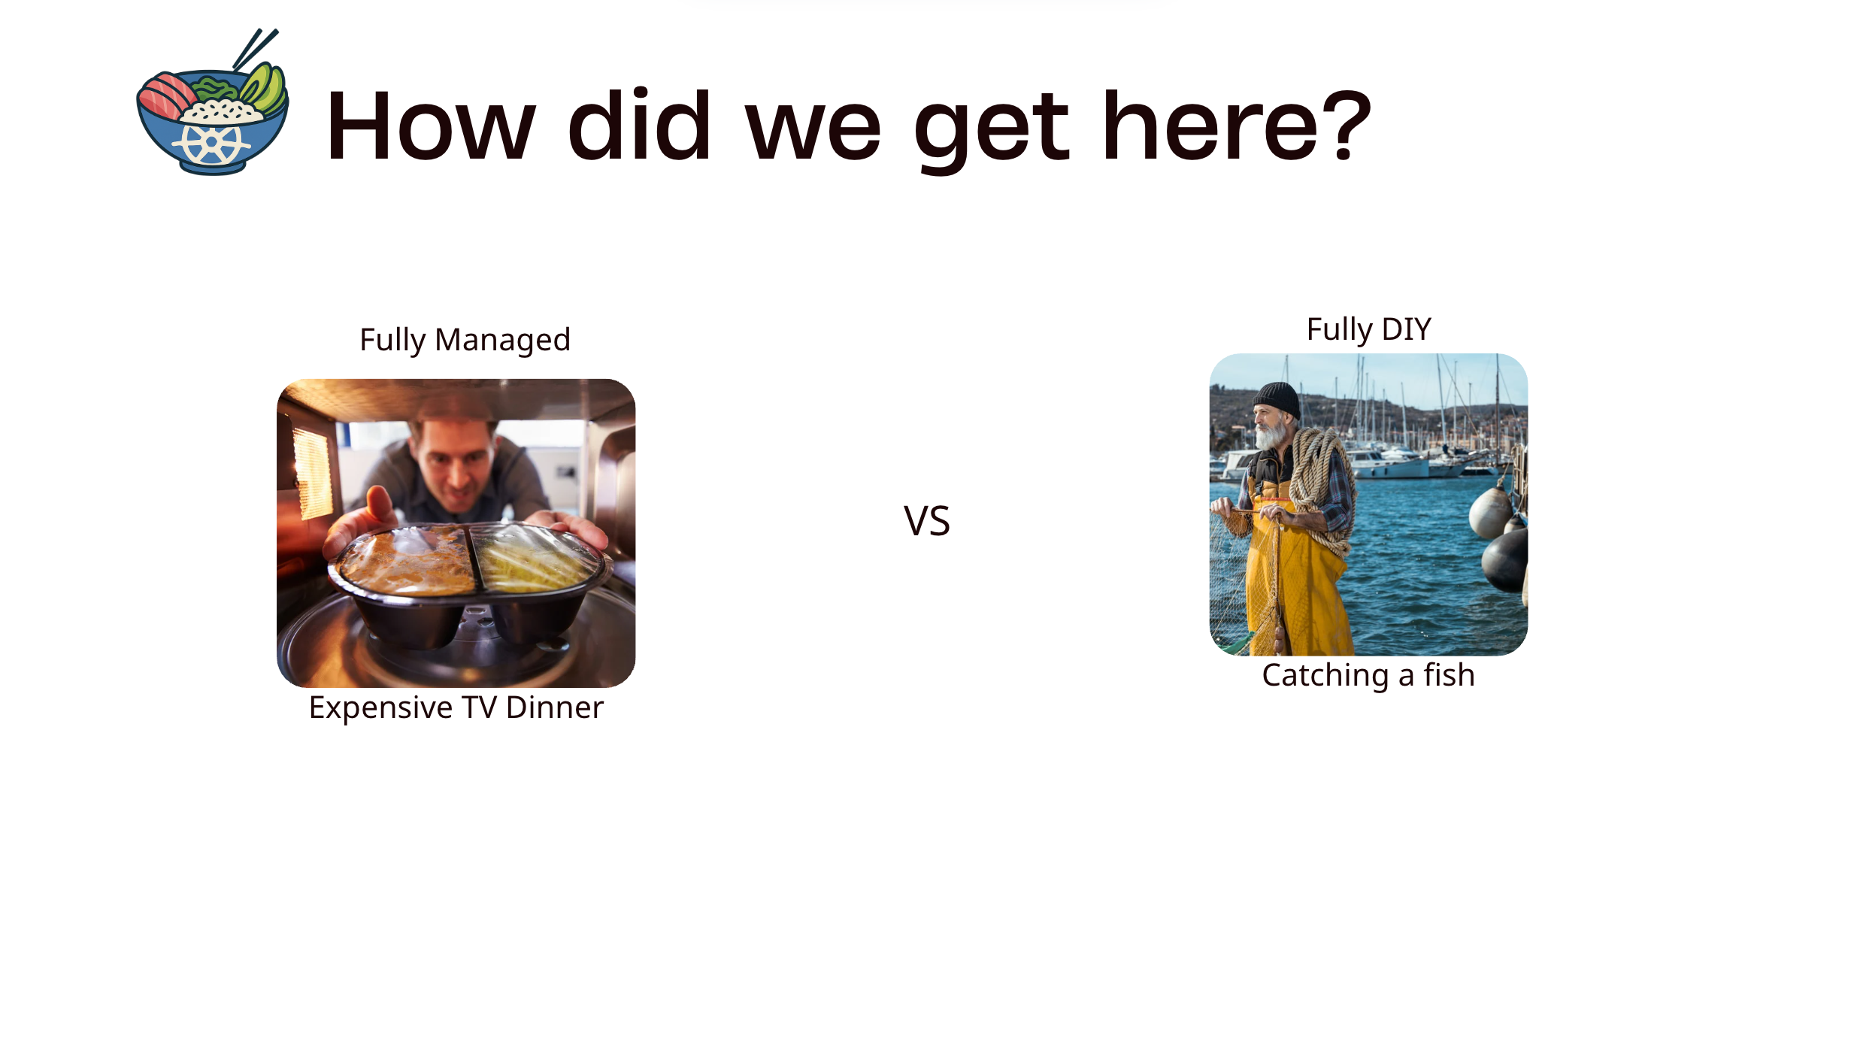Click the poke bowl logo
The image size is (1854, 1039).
[x=212, y=113]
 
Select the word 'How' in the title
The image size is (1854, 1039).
[x=431, y=126]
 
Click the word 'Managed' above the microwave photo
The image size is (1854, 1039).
[x=502, y=340]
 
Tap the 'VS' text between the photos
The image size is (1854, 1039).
[x=926, y=521]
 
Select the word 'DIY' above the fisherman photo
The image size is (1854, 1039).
[x=1406, y=329]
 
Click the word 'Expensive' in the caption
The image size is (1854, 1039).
[x=380, y=708]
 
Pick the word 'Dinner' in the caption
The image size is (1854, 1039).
[x=554, y=707]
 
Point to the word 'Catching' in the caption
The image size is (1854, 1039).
[x=1325, y=676]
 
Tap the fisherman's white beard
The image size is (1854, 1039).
[x=1271, y=435]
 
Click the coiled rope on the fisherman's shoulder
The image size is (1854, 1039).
[x=1320, y=481]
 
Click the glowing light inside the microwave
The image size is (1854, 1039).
[x=312, y=474]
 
